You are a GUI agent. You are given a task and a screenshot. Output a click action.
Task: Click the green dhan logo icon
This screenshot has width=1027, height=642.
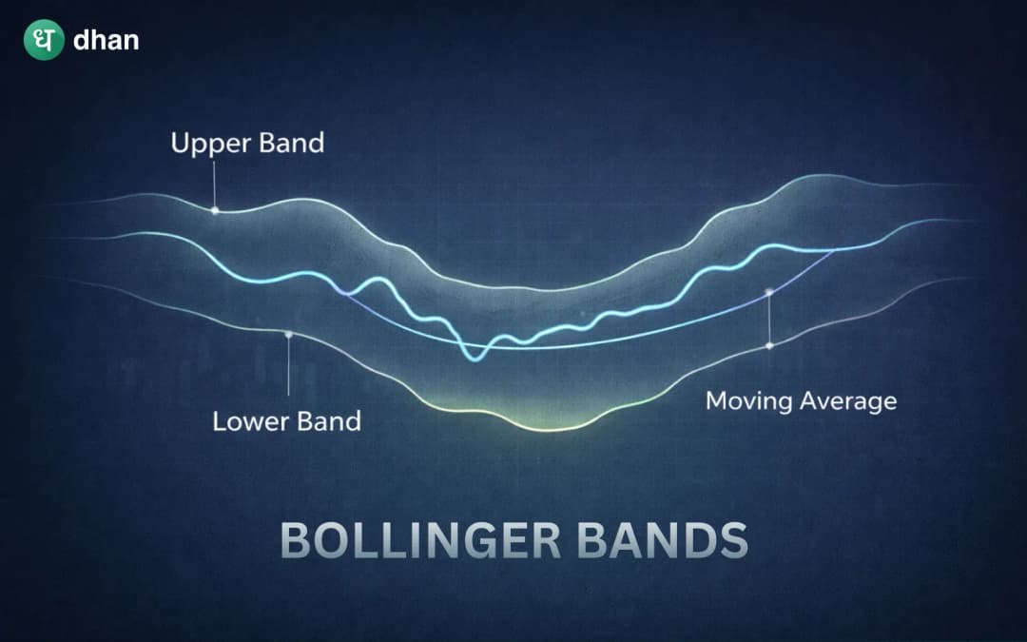pyautogui.click(x=44, y=41)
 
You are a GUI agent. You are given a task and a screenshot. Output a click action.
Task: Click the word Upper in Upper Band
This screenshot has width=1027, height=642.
pyautogui.click(x=205, y=144)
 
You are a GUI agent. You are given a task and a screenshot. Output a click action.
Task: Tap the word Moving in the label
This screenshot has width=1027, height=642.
pyautogui.click(x=748, y=400)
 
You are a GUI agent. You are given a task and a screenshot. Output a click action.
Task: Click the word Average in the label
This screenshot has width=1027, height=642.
pyautogui.click(x=846, y=400)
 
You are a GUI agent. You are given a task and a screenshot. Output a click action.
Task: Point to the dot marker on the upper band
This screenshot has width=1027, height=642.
pyautogui.click(x=215, y=210)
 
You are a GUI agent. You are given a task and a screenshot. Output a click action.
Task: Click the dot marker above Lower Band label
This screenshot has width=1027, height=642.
pyautogui.click(x=288, y=335)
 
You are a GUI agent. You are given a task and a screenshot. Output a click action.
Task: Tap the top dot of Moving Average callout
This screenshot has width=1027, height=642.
pyautogui.click(x=768, y=291)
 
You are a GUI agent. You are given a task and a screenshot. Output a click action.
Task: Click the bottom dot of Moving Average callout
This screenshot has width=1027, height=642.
pyautogui.click(x=768, y=345)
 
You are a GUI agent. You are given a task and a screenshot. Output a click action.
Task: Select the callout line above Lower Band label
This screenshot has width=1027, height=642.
pyautogui.click(x=288, y=366)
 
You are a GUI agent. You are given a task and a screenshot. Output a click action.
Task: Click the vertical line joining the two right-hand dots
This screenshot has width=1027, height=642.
pyautogui.click(x=768, y=319)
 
